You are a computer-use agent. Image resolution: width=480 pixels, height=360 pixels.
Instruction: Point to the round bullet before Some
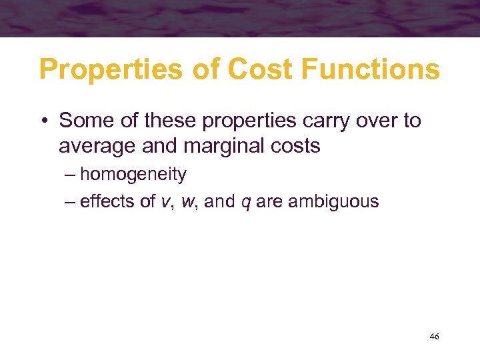tap(43, 121)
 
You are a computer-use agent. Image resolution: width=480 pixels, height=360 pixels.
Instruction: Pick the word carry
tap(323, 121)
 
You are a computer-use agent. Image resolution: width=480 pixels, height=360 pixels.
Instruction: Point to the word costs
tap(295, 146)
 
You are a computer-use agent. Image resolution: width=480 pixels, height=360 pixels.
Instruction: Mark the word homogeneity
tap(133, 175)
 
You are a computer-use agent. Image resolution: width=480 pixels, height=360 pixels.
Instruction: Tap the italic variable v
tap(165, 201)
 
